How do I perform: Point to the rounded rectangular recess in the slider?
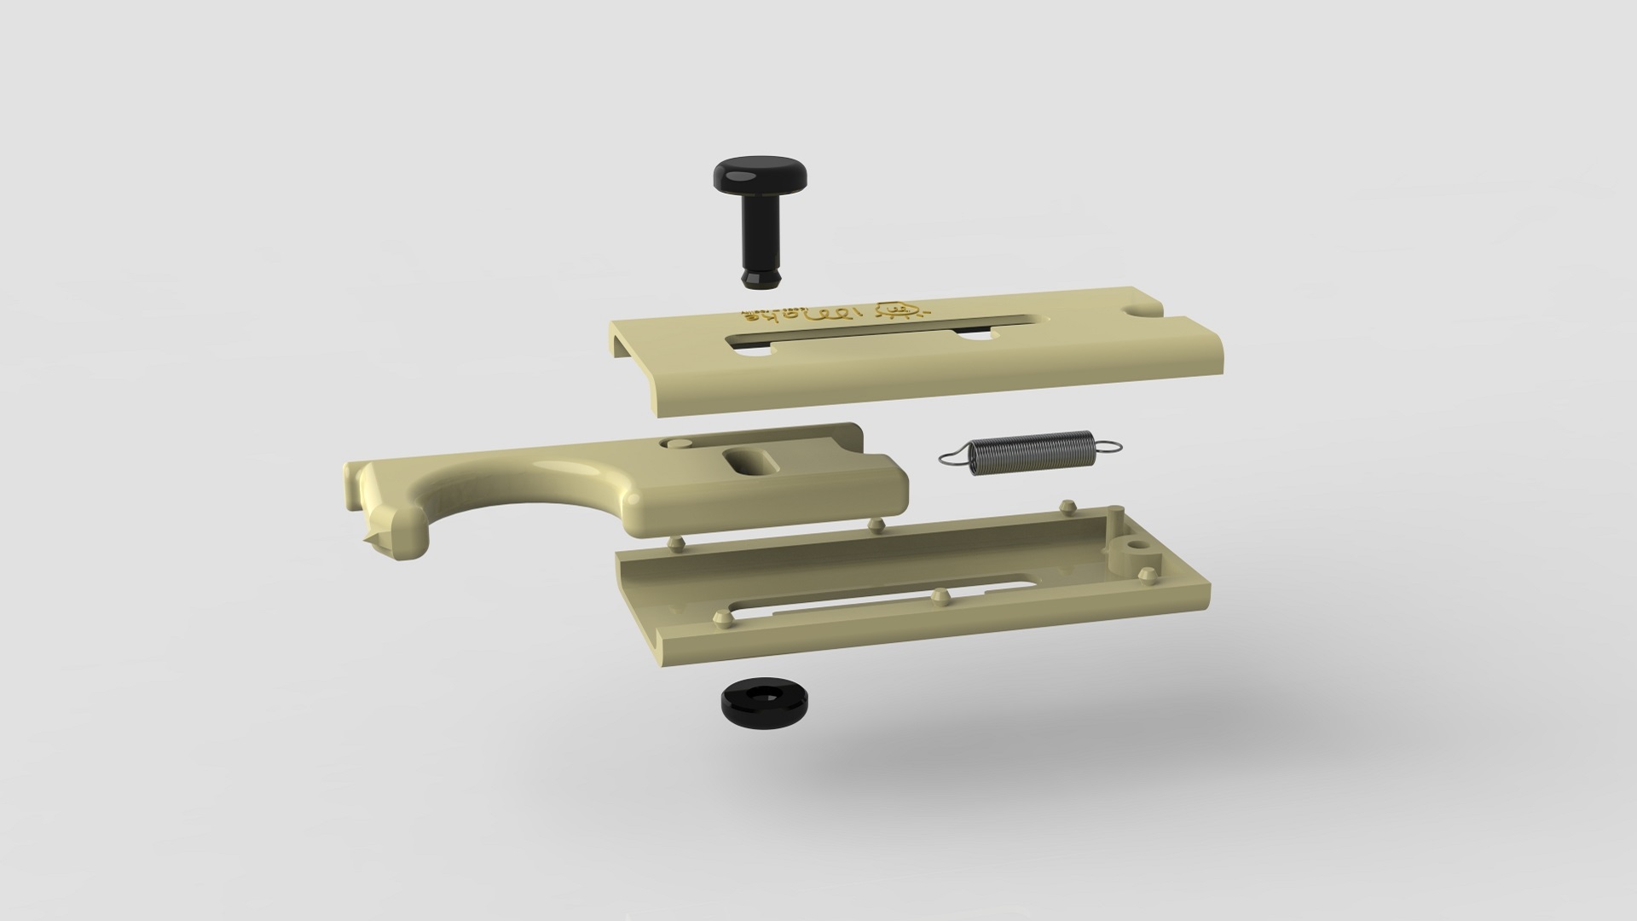tap(750, 461)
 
